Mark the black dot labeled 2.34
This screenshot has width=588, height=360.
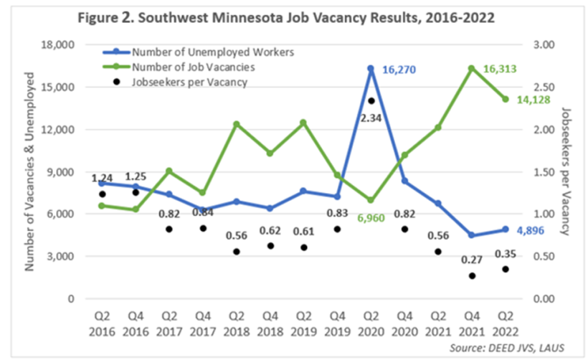point(371,101)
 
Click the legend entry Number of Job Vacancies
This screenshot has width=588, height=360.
point(194,67)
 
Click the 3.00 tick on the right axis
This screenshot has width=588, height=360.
point(548,45)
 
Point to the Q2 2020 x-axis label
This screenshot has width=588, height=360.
point(371,324)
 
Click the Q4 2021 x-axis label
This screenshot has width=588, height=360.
point(472,324)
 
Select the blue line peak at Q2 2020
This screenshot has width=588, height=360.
point(371,68)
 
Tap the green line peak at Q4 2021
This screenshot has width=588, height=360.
point(472,68)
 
